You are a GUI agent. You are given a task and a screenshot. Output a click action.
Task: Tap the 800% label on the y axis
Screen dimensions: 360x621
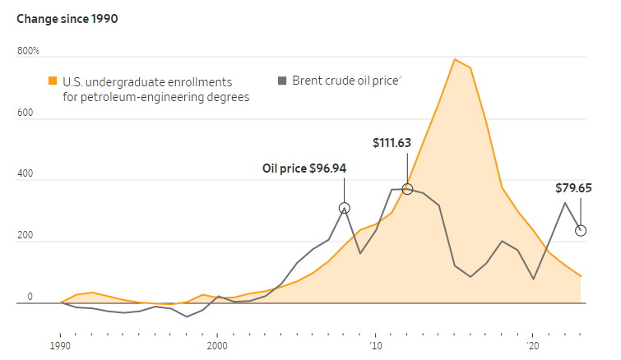coord(29,51)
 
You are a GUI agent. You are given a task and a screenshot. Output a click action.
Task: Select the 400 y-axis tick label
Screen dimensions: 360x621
coord(25,174)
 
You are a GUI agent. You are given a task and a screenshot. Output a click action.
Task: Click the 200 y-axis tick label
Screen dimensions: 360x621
coord(25,236)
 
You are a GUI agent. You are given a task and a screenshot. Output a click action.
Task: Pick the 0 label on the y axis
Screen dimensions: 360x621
coord(30,297)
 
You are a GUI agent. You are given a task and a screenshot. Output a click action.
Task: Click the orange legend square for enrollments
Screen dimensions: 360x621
coord(53,81)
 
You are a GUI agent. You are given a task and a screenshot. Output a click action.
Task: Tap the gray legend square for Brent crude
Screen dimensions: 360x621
coord(283,81)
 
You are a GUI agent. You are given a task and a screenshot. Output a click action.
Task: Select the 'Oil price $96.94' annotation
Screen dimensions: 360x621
coord(304,168)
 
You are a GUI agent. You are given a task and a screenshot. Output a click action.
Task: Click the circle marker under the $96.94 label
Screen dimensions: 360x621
coord(344,209)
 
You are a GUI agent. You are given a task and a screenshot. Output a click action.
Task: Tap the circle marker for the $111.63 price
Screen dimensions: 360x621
coord(407,189)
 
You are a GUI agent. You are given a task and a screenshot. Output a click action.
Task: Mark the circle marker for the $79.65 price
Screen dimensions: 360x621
coord(581,230)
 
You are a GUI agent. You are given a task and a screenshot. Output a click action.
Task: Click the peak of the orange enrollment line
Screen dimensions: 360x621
coord(454,59)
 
